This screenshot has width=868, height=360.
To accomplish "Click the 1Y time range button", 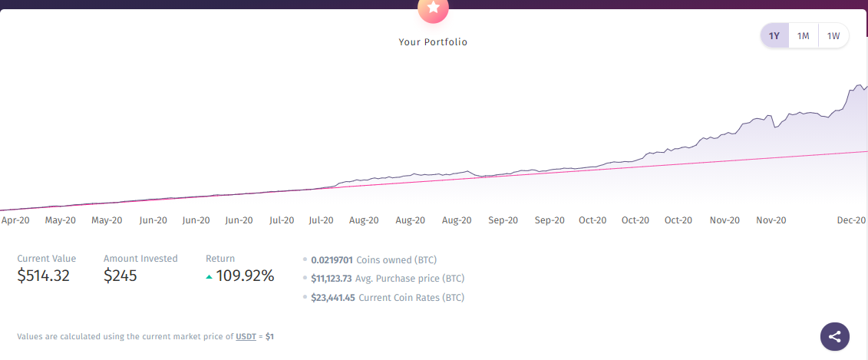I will coord(774,35).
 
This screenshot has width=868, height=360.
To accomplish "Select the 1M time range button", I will coord(804,35).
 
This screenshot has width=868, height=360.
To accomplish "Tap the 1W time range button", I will coord(833,35).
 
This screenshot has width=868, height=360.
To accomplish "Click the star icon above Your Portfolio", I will coord(433,8).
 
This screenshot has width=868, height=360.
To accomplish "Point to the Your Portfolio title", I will coord(433,42).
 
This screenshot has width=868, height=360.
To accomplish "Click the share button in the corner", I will coord(835,336).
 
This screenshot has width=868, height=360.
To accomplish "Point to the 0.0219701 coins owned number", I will coord(332,260).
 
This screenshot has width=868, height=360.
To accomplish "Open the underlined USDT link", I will coord(246,337).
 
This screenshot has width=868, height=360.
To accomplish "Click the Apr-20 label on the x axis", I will coord(15,220).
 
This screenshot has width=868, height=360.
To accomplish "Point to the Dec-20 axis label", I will coord(852,220).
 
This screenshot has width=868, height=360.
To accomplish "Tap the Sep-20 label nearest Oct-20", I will coord(550,220).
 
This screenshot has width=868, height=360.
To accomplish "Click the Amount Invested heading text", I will coord(140,259).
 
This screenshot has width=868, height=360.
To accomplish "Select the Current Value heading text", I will coord(47,259).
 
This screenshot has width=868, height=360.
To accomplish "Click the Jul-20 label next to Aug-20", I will coord(321,220).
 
